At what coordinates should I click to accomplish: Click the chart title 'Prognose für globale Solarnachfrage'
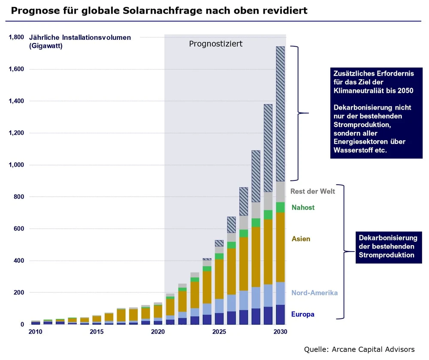(x=159, y=10)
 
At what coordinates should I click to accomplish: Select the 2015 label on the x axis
(x=97, y=332)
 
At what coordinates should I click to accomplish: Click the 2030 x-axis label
(x=280, y=332)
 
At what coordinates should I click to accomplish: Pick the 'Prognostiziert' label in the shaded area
(x=216, y=44)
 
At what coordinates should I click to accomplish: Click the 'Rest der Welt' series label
(x=312, y=191)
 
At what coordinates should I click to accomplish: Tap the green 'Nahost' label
(x=303, y=207)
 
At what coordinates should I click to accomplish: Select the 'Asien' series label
(x=301, y=239)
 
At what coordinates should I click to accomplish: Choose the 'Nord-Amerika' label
(x=314, y=293)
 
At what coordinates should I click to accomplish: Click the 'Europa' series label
(x=302, y=314)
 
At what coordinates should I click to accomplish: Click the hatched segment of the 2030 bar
(x=280, y=114)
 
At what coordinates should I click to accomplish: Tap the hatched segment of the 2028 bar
(x=256, y=176)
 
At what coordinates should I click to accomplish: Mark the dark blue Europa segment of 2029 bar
(x=268, y=315)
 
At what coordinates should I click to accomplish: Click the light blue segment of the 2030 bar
(x=280, y=293)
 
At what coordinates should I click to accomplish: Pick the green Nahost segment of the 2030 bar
(x=280, y=207)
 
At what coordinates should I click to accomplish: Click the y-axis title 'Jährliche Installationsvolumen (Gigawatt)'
(x=80, y=42)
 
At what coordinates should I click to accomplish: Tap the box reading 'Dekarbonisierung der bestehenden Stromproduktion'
(x=388, y=246)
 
